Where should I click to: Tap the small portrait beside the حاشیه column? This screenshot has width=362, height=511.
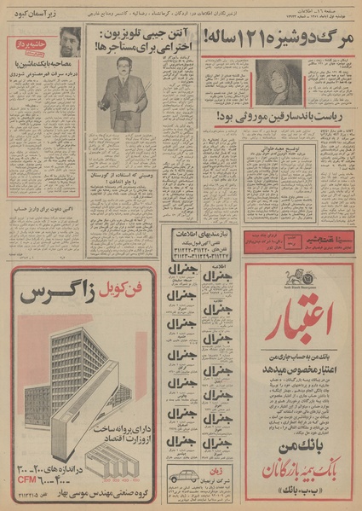tap(70, 41)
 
